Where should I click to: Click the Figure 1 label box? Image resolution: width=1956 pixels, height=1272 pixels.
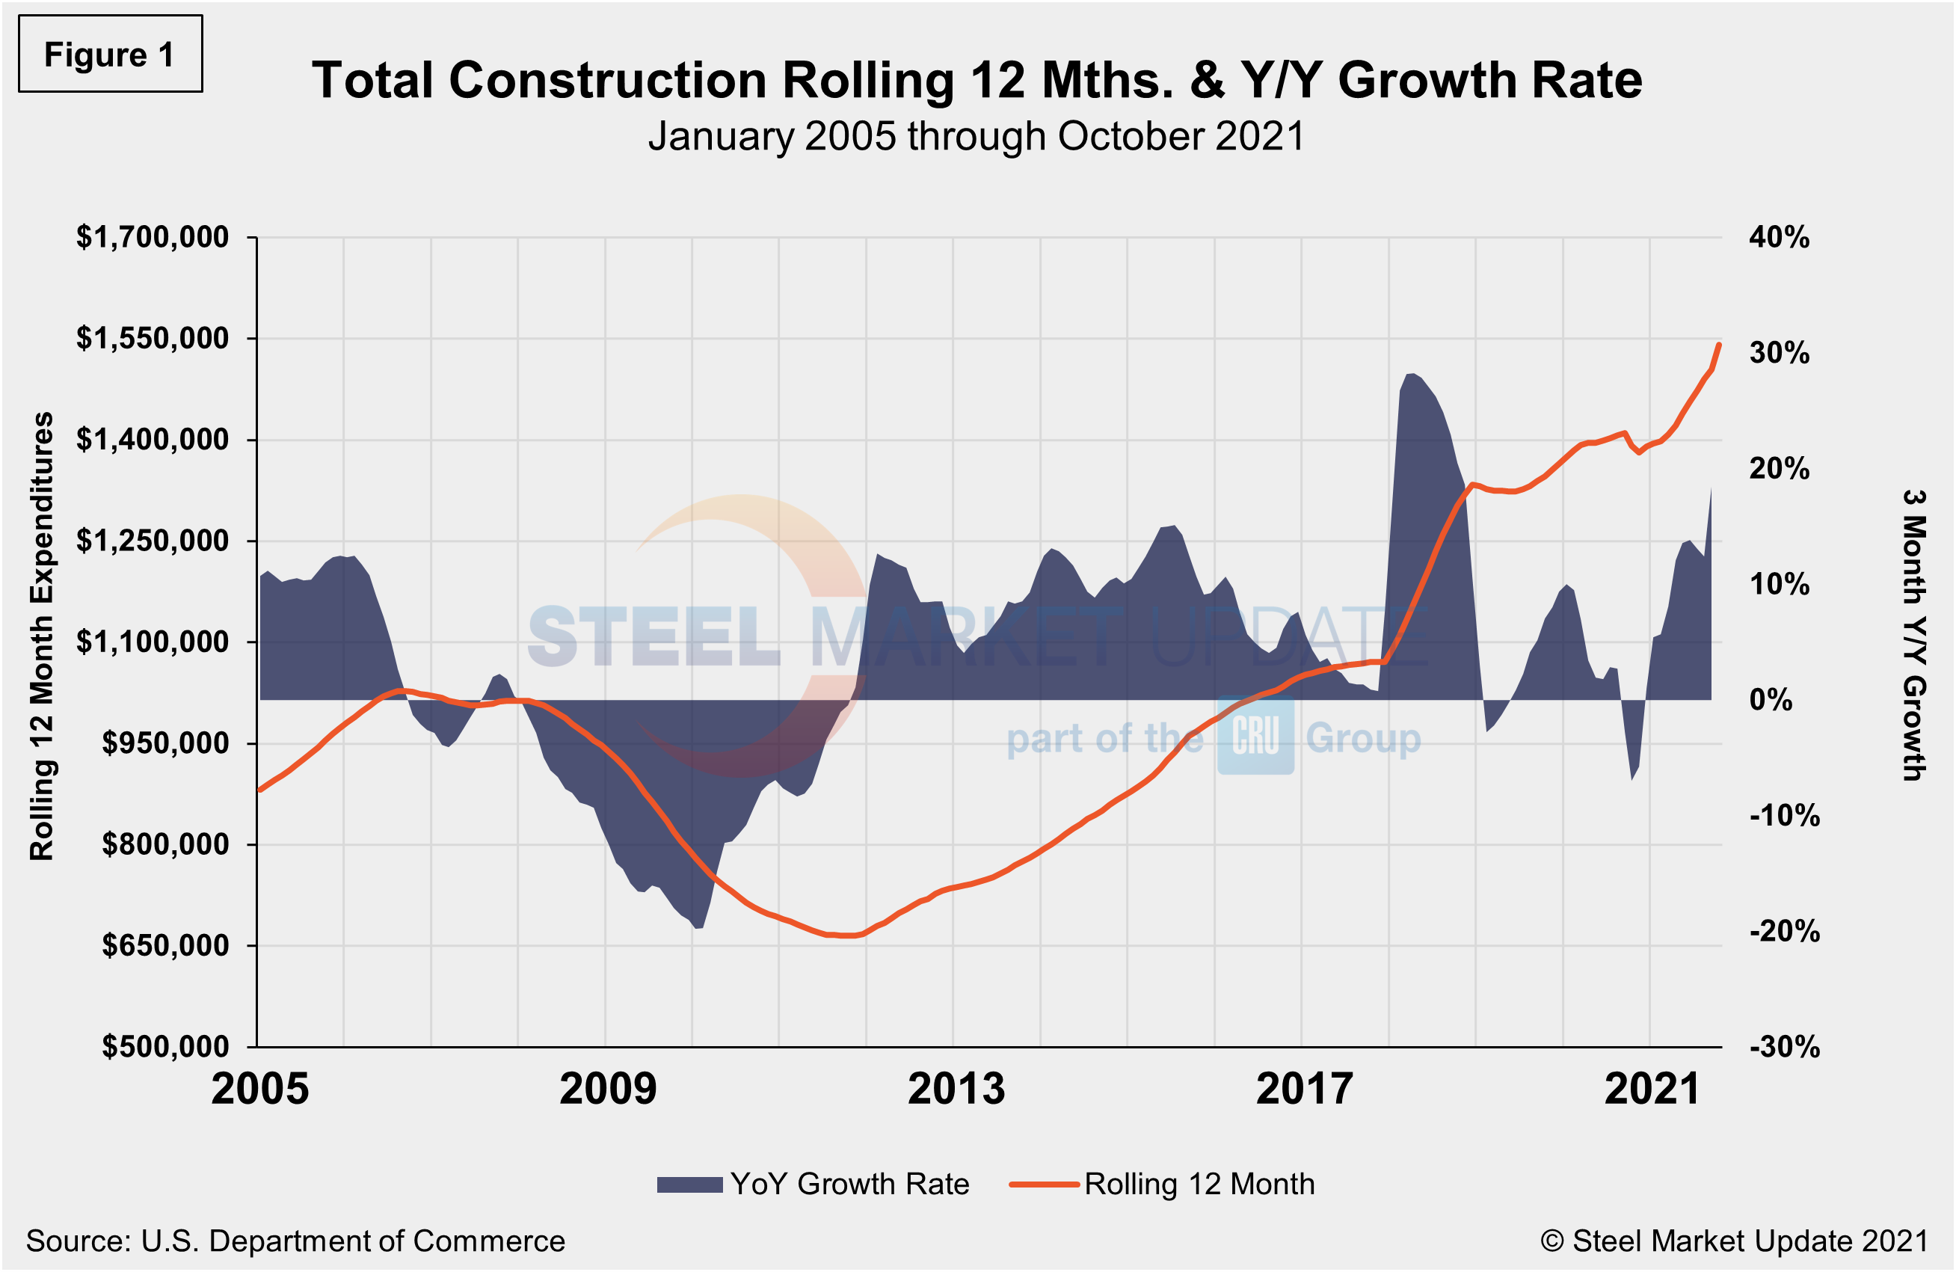(x=110, y=55)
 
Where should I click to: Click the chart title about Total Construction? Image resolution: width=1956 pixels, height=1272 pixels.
(x=977, y=81)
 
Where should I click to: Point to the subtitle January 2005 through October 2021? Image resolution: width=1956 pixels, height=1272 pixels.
(x=976, y=136)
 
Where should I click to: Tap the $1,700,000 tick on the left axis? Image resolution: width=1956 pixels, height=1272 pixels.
(x=153, y=238)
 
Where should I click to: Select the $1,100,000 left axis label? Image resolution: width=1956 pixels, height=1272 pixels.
(x=153, y=642)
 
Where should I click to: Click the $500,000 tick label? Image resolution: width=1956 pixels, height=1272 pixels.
(x=165, y=1047)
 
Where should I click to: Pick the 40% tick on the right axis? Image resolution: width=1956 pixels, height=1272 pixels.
(x=1780, y=238)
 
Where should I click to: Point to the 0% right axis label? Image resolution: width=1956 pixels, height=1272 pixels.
(x=1771, y=700)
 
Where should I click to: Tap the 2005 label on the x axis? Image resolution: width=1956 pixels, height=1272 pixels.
(x=259, y=1090)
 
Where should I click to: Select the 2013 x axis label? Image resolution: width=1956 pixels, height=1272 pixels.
(x=956, y=1090)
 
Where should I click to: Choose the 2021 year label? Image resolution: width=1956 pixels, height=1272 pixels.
(x=1652, y=1090)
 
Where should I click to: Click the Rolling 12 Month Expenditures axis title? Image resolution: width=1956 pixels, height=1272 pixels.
(x=41, y=637)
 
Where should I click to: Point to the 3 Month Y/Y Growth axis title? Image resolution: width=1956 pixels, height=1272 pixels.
(x=1914, y=634)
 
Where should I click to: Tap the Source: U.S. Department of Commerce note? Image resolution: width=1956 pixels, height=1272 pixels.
(x=295, y=1241)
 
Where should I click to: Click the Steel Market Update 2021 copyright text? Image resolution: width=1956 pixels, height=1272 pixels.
(x=1734, y=1241)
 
